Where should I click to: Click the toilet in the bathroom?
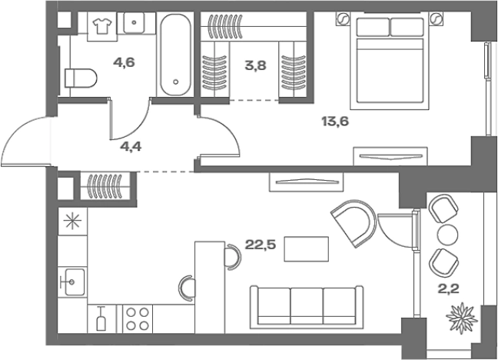click(80, 78)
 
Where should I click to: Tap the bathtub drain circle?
click(176, 82)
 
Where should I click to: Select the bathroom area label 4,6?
click(124, 62)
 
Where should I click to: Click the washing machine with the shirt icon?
click(102, 26)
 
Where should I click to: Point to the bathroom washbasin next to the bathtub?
click(134, 22)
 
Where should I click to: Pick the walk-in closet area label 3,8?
click(255, 65)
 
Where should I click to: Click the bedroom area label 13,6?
click(335, 122)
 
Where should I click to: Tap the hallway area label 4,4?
click(131, 146)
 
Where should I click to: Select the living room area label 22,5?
click(261, 245)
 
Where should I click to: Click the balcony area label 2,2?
click(449, 289)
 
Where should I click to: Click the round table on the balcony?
click(448, 235)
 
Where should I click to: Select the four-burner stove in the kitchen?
click(138, 319)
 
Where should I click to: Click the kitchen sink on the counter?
click(72, 282)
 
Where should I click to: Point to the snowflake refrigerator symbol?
click(72, 221)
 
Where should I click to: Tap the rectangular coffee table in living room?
click(306, 249)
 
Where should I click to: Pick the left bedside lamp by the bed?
click(343, 18)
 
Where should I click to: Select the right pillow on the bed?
click(407, 27)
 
